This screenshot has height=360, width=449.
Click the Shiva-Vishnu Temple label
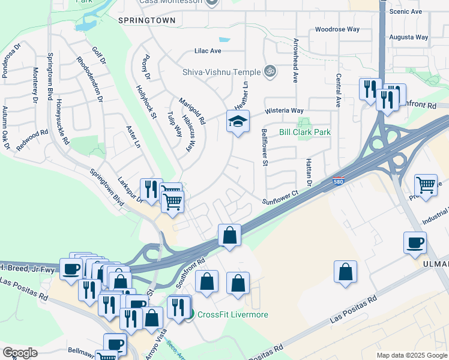[x=221, y=72]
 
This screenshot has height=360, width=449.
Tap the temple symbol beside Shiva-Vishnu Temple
[x=270, y=71]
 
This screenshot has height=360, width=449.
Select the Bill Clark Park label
[x=305, y=132]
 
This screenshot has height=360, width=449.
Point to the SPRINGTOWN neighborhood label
[x=147, y=20]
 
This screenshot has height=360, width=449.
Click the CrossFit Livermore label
[x=232, y=314]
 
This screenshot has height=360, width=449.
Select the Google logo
[x=20, y=353]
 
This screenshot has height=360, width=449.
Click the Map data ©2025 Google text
[x=411, y=355]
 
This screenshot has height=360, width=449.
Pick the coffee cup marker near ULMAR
[x=415, y=243]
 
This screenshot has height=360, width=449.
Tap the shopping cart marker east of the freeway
[x=426, y=185]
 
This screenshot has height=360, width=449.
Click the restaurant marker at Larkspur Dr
[x=151, y=189]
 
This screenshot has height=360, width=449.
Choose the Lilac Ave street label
[x=208, y=51]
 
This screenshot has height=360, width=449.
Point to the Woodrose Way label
[x=337, y=29]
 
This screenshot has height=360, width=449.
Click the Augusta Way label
[x=409, y=37]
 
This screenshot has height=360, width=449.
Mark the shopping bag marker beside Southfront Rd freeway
[x=229, y=235]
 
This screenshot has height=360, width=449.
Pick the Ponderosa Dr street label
[x=11, y=52]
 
